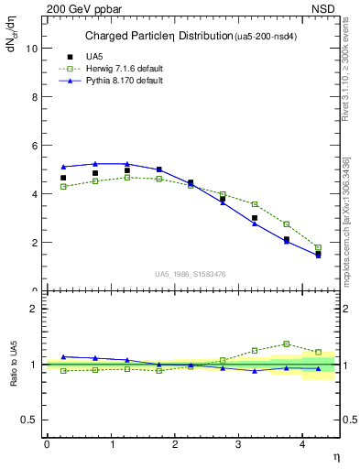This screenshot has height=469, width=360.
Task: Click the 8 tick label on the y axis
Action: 35,97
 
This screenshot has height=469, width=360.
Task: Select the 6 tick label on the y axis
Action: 35,146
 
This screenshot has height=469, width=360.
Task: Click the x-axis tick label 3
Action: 240,444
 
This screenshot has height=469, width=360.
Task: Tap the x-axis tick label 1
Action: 112,444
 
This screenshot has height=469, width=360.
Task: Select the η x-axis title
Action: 335,455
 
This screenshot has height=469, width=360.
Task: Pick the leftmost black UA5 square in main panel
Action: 63,178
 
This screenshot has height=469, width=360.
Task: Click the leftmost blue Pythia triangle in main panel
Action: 63,167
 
